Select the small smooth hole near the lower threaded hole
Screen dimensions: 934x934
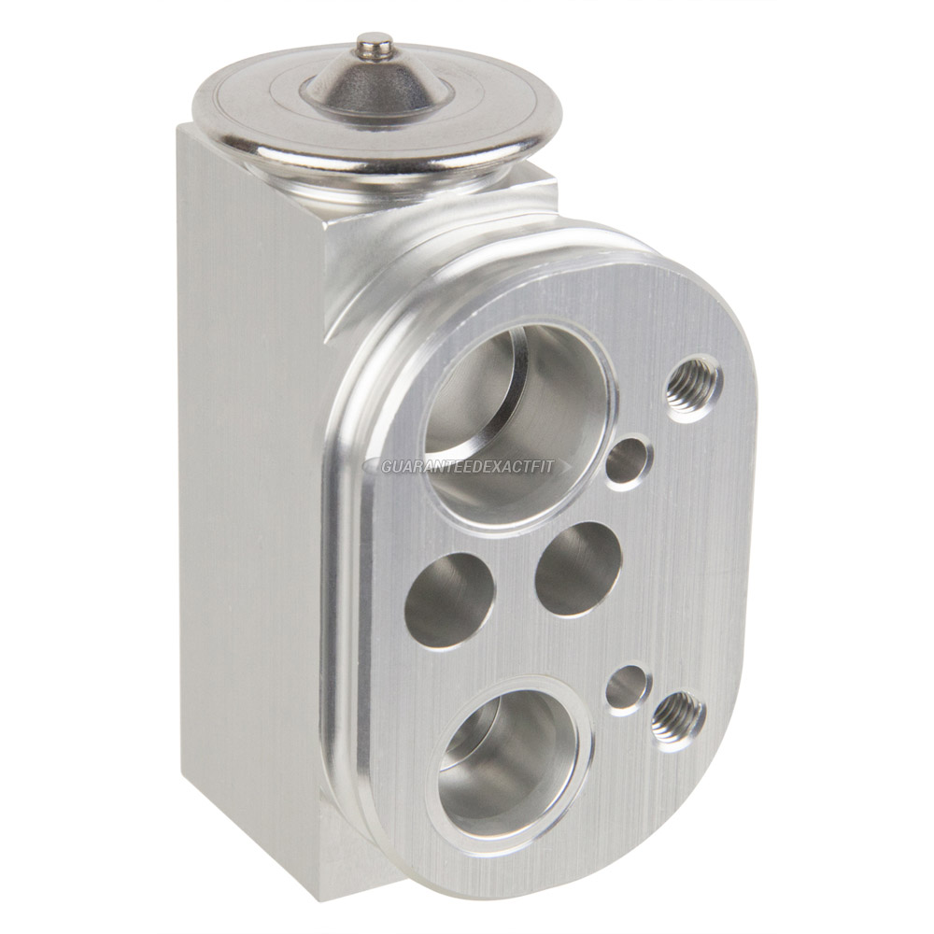[x=626, y=689]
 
